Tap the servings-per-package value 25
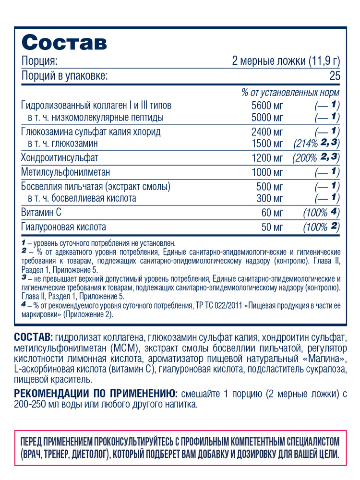pyautogui.click(x=334, y=76)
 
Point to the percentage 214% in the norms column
pyautogui.click(x=306, y=144)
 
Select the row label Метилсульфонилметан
pyautogui.click(x=66, y=172)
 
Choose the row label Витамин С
pyautogui.click(x=42, y=212)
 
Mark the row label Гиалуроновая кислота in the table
pyautogui.click(x=64, y=226)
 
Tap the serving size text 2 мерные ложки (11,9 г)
pyautogui.click(x=286, y=61)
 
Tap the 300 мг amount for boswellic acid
pyautogui.click(x=271, y=198)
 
